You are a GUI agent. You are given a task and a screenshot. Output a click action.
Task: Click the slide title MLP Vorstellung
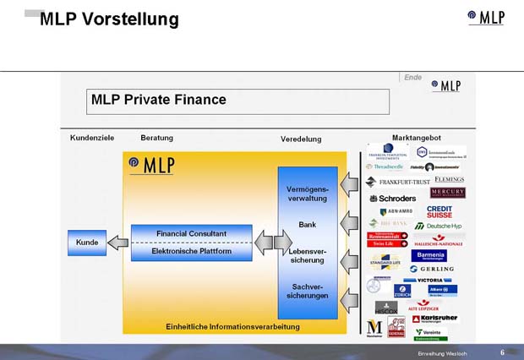(x=109, y=19)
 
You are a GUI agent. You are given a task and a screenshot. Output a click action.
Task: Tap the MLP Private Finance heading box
(x=239, y=101)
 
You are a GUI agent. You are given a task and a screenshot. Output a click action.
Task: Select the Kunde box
(x=87, y=243)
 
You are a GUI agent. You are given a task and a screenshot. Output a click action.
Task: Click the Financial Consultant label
(x=191, y=233)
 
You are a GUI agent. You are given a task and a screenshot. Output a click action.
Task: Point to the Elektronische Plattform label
(x=191, y=251)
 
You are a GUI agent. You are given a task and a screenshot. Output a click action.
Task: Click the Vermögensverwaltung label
(x=307, y=195)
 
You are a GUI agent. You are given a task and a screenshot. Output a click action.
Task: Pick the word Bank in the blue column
(x=307, y=225)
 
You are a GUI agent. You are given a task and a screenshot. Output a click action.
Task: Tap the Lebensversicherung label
(x=307, y=256)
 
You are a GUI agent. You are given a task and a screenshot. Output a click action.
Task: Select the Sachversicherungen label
(x=307, y=292)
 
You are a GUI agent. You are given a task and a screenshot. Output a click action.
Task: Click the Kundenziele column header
(x=92, y=138)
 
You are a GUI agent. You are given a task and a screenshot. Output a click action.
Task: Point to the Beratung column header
(x=157, y=138)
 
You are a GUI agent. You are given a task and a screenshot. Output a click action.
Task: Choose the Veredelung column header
(x=301, y=139)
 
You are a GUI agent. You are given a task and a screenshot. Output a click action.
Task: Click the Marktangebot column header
(x=417, y=138)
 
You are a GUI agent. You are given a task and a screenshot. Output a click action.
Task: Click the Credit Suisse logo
(x=439, y=211)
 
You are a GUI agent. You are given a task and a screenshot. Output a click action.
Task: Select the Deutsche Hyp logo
(x=439, y=226)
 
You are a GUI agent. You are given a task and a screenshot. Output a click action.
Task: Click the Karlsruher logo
(x=434, y=319)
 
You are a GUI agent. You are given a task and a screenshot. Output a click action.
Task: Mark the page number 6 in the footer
(x=502, y=352)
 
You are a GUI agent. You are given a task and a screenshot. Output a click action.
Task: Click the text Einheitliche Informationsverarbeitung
(x=232, y=326)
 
